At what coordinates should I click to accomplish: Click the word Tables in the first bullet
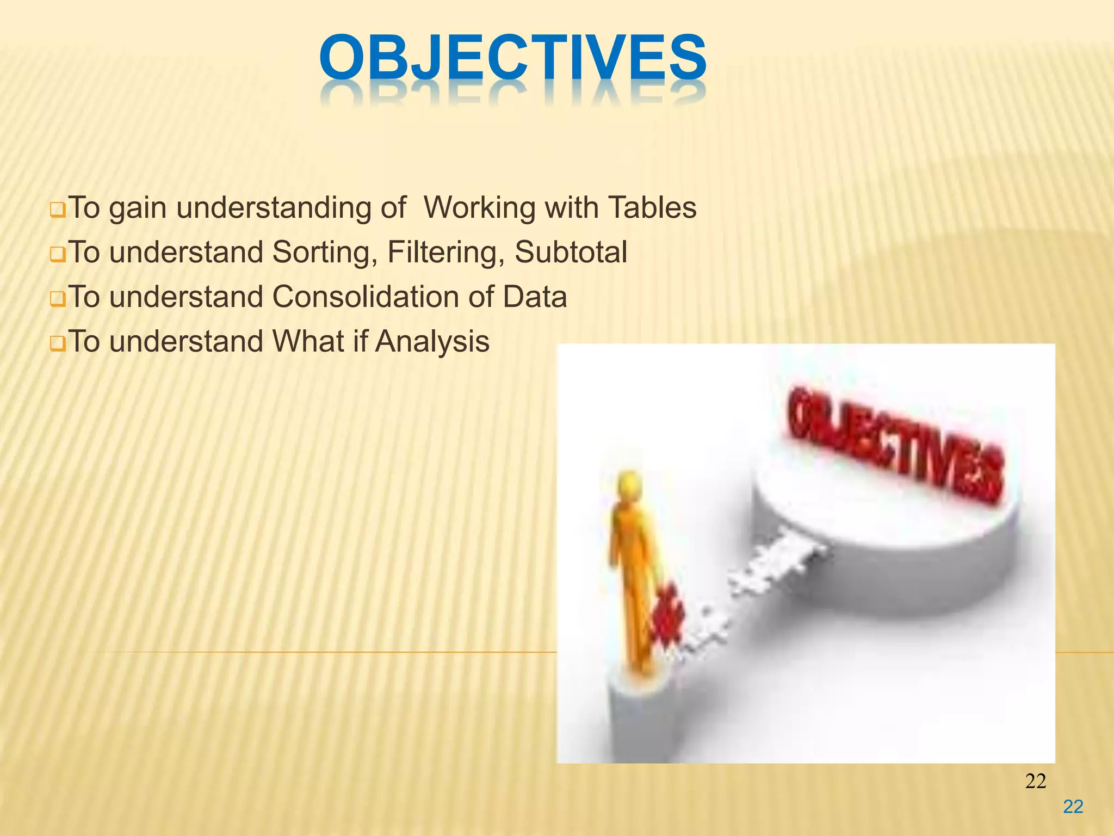652,207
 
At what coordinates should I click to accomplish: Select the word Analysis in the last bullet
432,341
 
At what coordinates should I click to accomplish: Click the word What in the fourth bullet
308,341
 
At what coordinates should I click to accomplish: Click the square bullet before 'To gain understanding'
57,210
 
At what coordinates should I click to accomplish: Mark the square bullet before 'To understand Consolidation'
57,299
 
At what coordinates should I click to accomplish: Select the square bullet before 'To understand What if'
57,344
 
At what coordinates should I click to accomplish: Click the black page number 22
1035,781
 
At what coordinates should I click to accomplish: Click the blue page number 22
1073,807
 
